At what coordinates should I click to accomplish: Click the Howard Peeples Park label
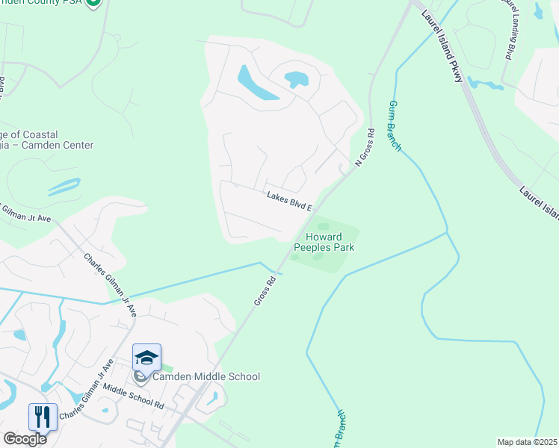pyautogui.click(x=323, y=242)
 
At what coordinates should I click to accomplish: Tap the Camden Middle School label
pyautogui.click(x=206, y=377)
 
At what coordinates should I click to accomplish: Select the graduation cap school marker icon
pyautogui.click(x=147, y=358)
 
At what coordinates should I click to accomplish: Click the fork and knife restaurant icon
pyautogui.click(x=43, y=416)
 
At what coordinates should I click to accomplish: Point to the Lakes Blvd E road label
pyautogui.click(x=289, y=200)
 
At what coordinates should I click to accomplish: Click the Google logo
pyautogui.click(x=24, y=438)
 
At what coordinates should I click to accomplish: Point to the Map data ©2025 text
pyautogui.click(x=527, y=442)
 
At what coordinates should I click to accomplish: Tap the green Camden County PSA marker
pyautogui.click(x=93, y=3)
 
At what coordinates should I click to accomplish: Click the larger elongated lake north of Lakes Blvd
pyautogui.click(x=254, y=84)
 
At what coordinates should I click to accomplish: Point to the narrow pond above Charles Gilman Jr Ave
pyautogui.click(x=63, y=186)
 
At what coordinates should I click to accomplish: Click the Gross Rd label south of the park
pyautogui.click(x=265, y=290)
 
